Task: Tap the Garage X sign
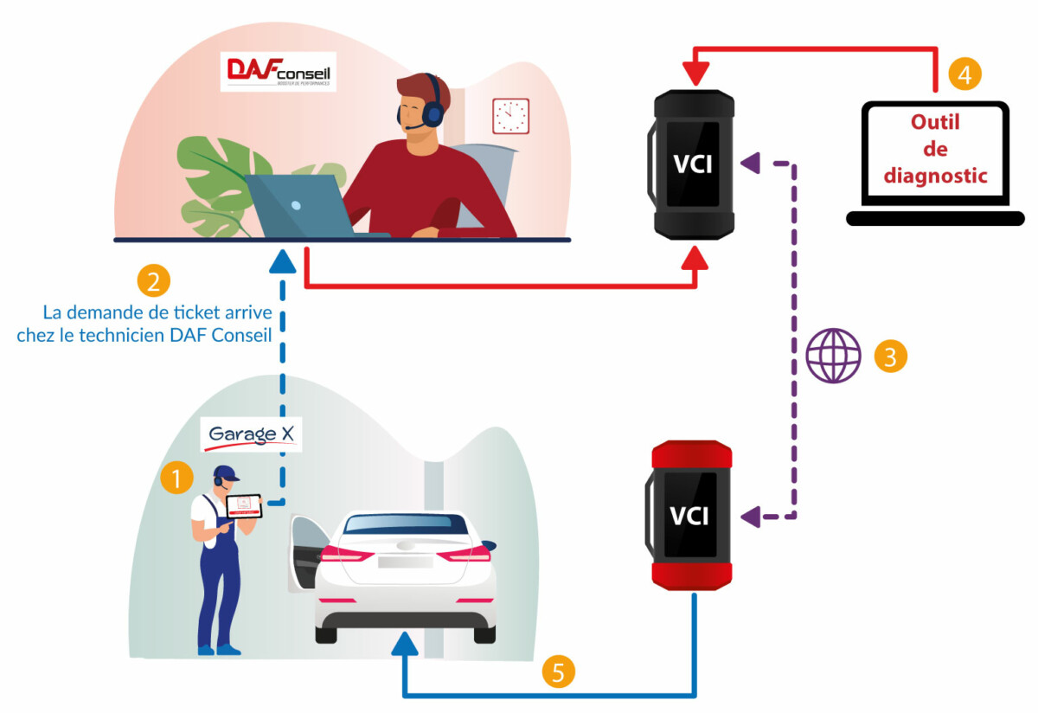(250, 435)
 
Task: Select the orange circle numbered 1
(176, 477)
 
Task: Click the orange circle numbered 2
(154, 281)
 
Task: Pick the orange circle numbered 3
(890, 356)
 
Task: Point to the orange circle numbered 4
(964, 74)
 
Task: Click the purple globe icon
(833, 356)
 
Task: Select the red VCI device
(691, 516)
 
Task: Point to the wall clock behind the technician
(510, 116)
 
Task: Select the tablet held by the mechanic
(244, 506)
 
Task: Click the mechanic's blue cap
(227, 473)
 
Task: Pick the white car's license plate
(405, 562)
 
